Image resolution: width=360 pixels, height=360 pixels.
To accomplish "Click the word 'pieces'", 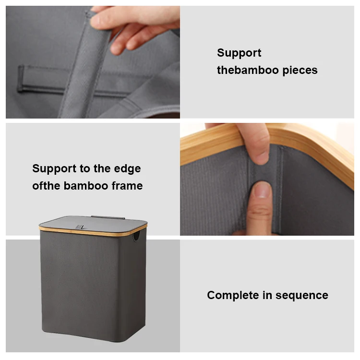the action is click(300, 71).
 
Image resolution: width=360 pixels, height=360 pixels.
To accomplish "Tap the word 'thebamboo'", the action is click(248, 70).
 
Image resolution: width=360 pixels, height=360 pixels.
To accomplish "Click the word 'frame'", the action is click(127, 185).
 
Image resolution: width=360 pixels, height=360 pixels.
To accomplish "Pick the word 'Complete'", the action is click(233, 295).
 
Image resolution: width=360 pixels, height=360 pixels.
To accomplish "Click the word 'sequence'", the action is click(302, 296).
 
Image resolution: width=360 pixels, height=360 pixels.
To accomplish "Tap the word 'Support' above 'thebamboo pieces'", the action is click(239, 53).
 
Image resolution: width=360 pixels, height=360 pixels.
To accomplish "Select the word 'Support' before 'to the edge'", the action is click(54, 169).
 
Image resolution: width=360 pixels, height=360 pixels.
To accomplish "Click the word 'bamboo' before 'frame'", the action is click(86, 185).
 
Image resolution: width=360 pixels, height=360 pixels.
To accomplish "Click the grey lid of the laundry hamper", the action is click(93, 223).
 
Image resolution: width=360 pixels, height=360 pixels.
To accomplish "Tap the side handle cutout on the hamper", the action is click(136, 237).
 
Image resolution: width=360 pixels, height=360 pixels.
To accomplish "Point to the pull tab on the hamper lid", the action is click(79, 227).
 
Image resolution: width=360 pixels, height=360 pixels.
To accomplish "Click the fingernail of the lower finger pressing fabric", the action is click(262, 191).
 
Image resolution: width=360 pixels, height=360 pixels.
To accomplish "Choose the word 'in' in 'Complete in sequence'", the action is click(267, 295).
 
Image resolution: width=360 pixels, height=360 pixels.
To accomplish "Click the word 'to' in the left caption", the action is click(84, 169).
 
